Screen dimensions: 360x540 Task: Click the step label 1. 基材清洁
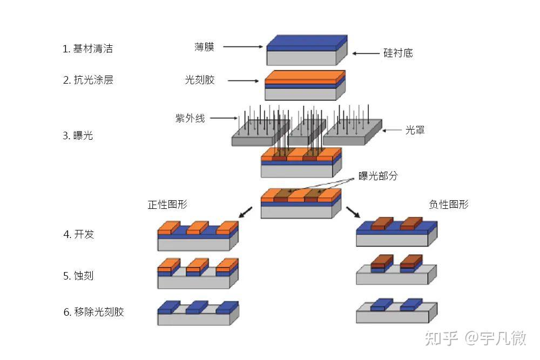pos(87,49)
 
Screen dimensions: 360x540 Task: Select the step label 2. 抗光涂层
pos(88,80)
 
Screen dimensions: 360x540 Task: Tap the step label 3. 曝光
pos(78,135)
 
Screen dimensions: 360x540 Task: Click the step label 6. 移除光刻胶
pos(93,312)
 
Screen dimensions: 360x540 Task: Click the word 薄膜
pos(204,47)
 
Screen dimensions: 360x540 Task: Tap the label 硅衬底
pos(398,53)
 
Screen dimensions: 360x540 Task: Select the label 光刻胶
pos(200,80)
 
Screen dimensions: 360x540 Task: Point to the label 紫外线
pos(190,118)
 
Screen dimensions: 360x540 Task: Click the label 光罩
pos(415,130)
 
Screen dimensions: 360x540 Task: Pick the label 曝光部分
pos(378,176)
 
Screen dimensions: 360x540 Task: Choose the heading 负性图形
pos(449,204)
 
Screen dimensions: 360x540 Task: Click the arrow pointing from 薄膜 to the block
pos(242,47)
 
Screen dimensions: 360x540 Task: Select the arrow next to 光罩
pos(392,130)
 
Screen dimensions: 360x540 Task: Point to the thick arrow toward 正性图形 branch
pos(245,212)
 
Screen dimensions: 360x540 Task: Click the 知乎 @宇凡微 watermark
pos(475,338)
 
